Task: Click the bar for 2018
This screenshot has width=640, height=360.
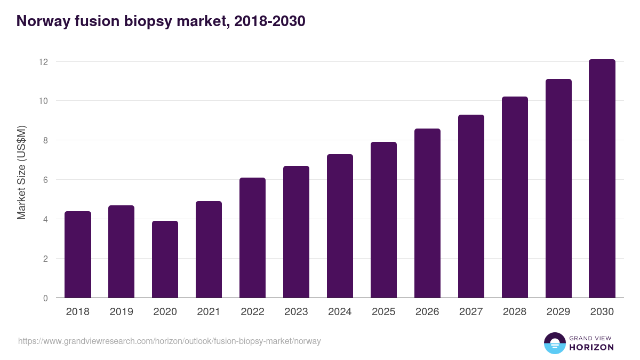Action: [78, 255]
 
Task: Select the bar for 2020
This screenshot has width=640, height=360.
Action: [165, 260]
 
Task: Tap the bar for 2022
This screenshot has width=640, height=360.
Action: [252, 238]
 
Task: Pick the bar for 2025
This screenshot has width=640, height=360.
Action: [383, 220]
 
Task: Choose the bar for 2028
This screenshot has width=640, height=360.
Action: [515, 197]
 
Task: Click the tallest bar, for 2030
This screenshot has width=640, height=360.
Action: [602, 179]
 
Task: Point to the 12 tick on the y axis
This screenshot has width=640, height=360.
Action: [43, 62]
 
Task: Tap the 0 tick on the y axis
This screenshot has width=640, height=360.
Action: [45, 298]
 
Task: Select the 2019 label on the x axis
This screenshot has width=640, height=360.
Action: [122, 312]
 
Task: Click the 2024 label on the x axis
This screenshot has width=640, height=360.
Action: [340, 312]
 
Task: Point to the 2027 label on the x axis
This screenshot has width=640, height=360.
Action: [471, 312]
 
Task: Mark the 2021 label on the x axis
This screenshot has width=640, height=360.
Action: [209, 312]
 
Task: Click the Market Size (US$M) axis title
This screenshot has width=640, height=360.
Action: [22, 172]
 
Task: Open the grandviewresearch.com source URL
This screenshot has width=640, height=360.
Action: [170, 341]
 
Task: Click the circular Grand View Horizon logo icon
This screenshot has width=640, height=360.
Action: [554, 343]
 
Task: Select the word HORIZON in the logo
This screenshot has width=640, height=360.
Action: [591, 347]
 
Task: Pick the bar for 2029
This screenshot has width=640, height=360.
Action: [558, 188]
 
